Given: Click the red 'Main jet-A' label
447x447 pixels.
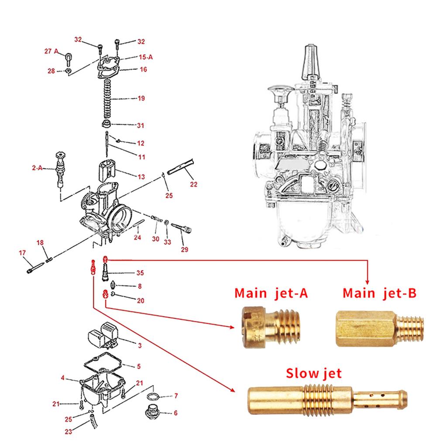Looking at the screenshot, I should click(x=271, y=293).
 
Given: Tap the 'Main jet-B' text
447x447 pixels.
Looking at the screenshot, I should click(x=379, y=293).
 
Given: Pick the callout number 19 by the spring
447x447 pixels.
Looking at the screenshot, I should click(x=141, y=99).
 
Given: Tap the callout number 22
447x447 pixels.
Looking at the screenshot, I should click(x=193, y=184).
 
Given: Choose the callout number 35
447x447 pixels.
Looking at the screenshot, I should click(x=140, y=273).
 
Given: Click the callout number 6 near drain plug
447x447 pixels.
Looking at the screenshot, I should click(x=175, y=413).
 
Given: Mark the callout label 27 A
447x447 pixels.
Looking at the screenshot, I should click(x=51, y=51).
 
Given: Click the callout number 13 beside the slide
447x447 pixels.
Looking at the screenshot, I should click(x=141, y=177).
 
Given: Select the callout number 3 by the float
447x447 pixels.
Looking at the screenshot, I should click(x=139, y=346).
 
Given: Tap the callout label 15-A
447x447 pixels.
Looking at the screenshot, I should click(x=146, y=57).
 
